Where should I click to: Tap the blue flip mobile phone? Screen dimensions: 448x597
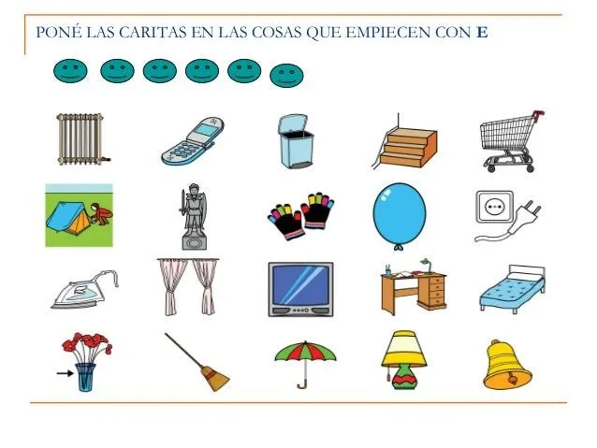193,141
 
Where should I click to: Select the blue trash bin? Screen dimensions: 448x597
296,142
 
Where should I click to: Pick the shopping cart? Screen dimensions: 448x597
509,140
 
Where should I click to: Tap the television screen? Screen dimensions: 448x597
300,288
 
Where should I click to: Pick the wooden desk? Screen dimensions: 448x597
413,289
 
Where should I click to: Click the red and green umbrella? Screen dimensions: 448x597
305,359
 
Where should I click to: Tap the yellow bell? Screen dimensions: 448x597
506,366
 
